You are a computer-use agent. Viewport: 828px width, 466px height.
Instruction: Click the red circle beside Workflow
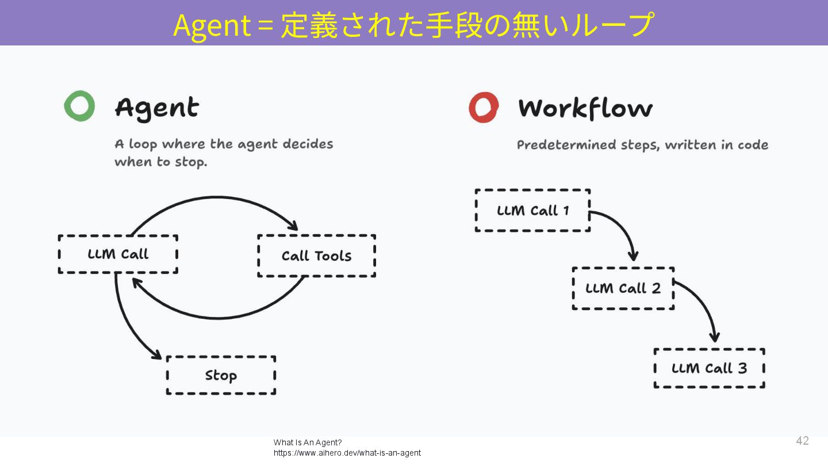[x=483, y=107]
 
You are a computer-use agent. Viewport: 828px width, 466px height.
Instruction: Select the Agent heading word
[x=156, y=108]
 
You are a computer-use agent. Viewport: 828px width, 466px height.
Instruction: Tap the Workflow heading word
[x=585, y=108]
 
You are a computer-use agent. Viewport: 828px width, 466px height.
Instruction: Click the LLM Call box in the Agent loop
[x=118, y=254]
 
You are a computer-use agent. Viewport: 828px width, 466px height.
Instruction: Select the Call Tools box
[x=316, y=256]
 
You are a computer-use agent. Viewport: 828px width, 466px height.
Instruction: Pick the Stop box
[x=221, y=375]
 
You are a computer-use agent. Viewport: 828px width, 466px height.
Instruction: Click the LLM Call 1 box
[x=532, y=211]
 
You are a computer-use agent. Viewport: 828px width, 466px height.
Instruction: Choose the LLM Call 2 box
[x=623, y=288]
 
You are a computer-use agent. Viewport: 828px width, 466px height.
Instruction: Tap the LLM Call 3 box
[x=709, y=368]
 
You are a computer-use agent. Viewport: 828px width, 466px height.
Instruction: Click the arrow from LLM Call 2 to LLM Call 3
[x=706, y=305]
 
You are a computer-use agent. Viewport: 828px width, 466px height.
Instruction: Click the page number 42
[x=802, y=441]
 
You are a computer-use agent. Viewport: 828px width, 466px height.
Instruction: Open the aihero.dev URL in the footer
[x=347, y=453]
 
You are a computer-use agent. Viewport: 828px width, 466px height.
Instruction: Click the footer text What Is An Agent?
[x=308, y=442]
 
